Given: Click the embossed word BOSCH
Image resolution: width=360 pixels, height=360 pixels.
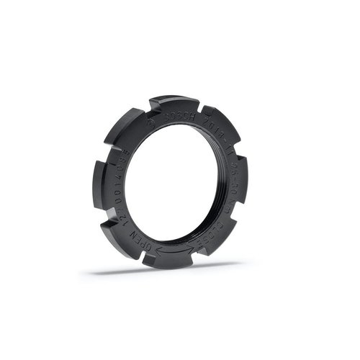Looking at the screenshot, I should pos(178,114).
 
